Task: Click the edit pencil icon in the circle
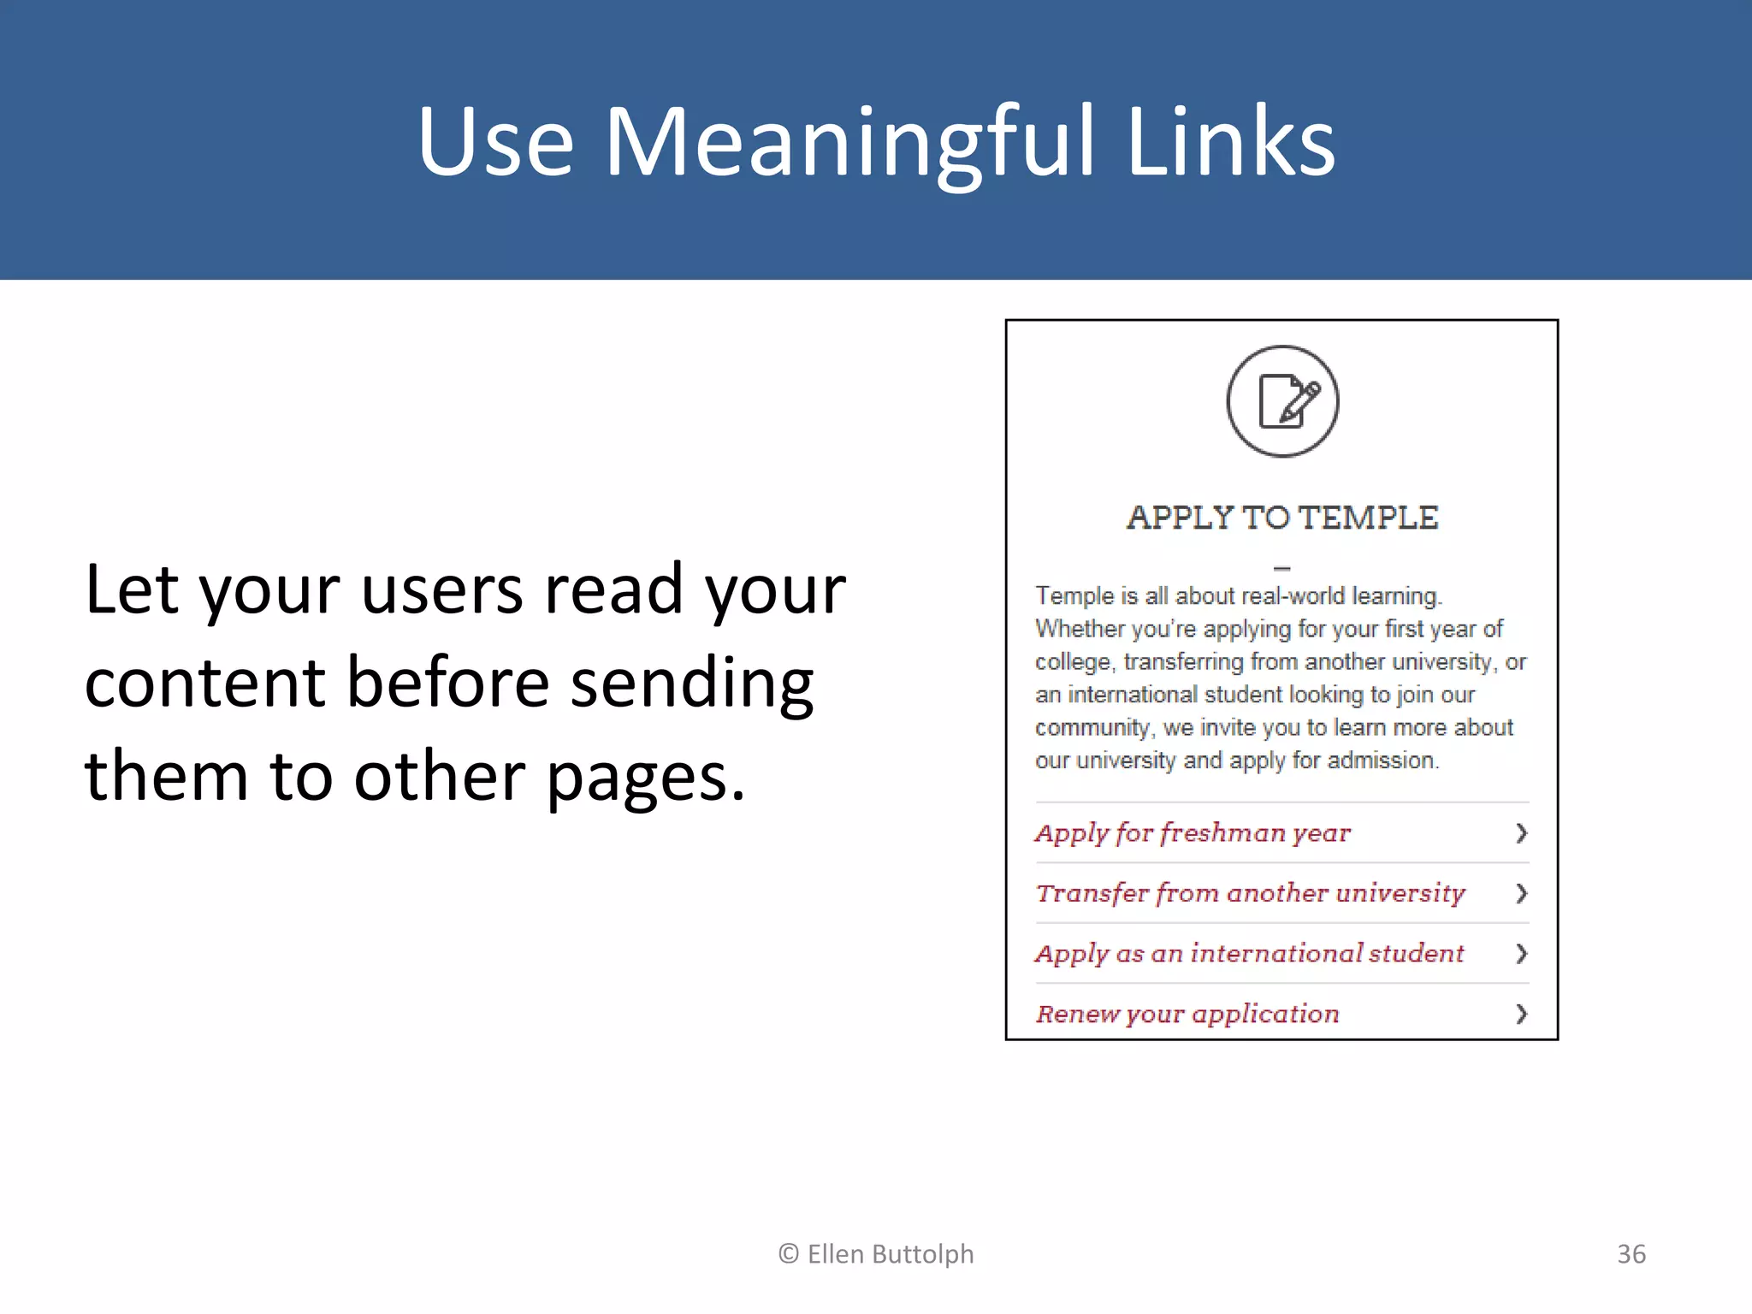coord(1282,401)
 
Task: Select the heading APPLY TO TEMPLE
coord(1282,518)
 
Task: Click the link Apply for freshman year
coord(1193,832)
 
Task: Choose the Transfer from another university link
coord(1250,893)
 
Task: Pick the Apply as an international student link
coord(1249,953)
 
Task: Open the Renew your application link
coord(1187,1014)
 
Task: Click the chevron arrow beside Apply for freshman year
coord(1521,832)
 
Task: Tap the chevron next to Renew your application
coord(1521,1014)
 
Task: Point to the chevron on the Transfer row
coord(1521,893)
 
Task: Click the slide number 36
coord(1631,1254)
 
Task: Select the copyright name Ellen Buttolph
coord(890,1254)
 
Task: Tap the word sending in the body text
coord(691,684)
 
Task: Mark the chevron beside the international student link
coord(1521,953)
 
